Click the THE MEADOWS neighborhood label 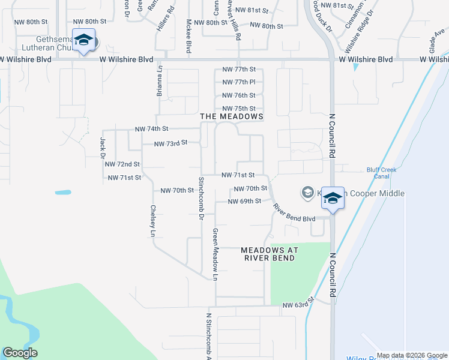pos(232,116)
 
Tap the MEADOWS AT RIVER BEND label pos(268,254)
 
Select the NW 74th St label pos(151,129)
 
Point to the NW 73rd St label pos(171,143)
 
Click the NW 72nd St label pos(122,164)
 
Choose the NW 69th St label pos(244,201)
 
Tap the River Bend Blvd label pos(294,214)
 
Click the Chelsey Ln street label pos(153,220)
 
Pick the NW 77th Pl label pos(239,82)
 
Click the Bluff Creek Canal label pos(382,173)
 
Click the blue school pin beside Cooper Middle pos(331,197)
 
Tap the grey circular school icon pos(308,193)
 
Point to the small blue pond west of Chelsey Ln pos(62,193)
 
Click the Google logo pos(19,353)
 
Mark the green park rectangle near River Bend pos(300,274)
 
